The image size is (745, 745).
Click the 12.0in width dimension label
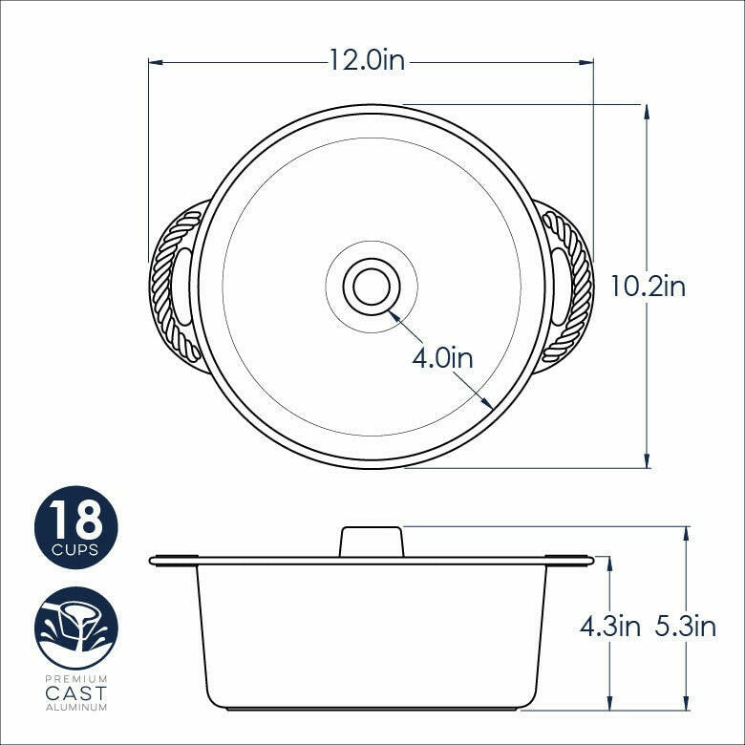(367, 61)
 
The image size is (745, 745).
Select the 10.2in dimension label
(648, 286)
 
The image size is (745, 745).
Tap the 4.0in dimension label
(442, 358)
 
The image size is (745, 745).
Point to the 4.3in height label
(609, 627)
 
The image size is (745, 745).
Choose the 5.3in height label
(686, 627)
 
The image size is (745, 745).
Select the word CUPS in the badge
(76, 551)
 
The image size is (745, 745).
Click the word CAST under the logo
(76, 692)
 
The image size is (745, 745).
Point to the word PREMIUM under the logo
(76, 677)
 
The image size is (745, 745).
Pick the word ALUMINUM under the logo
(76, 707)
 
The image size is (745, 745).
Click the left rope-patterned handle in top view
(175, 286)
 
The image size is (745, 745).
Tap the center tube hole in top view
(372, 286)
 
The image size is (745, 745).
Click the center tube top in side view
(372, 541)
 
